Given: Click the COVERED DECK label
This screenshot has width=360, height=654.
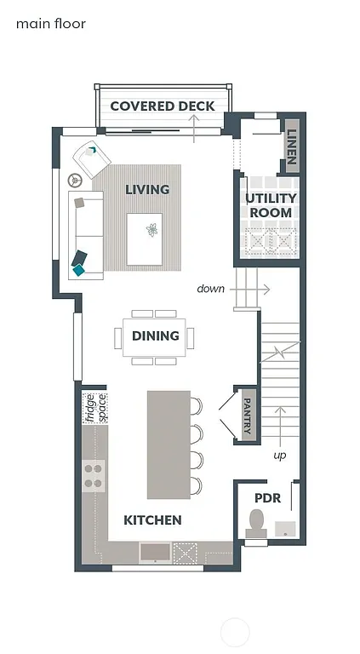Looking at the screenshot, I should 162,106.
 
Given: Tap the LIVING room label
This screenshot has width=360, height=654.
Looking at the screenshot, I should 147,189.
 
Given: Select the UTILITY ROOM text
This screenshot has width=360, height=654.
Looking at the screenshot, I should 271,205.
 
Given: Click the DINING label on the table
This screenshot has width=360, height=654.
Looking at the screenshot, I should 155,336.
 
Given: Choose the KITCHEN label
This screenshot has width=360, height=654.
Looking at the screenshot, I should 152,519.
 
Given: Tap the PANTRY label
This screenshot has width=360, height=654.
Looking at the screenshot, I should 247,415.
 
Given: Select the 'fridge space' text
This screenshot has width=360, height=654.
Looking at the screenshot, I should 94,408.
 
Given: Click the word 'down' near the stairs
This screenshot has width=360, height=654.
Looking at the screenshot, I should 210,289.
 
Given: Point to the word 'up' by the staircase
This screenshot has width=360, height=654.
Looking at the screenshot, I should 279,456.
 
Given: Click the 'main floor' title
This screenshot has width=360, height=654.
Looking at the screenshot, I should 51,24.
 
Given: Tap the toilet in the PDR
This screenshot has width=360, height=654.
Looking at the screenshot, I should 255,523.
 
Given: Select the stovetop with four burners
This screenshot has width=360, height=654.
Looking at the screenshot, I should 94,475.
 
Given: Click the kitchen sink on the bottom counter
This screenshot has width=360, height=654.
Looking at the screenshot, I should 154,552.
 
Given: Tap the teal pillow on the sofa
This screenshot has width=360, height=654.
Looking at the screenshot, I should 80,268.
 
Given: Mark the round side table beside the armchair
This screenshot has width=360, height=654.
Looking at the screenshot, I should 75,180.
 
